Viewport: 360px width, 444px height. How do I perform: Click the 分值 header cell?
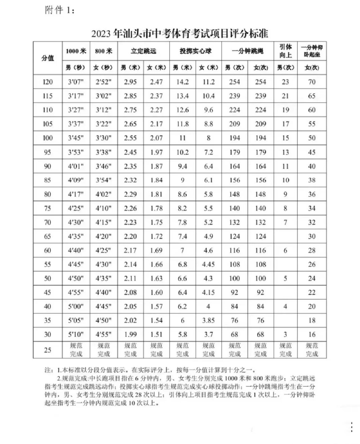tap(48, 58)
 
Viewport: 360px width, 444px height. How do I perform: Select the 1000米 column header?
tap(76, 51)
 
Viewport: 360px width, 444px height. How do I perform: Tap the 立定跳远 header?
tap(143, 51)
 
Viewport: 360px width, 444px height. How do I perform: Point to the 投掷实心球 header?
tap(195, 51)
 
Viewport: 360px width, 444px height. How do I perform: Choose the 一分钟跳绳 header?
tap(247, 51)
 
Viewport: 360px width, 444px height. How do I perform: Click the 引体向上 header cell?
tap(285, 51)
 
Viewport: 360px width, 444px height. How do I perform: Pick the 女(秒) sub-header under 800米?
tap(104, 68)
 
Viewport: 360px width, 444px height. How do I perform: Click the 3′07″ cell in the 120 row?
tap(76, 82)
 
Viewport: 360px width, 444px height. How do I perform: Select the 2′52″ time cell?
tap(104, 82)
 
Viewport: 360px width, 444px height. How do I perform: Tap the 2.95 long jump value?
tap(130, 82)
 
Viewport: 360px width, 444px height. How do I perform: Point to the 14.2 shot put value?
tap(182, 82)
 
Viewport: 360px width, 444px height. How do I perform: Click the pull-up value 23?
tap(285, 82)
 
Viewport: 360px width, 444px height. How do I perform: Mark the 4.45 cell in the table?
tap(208, 264)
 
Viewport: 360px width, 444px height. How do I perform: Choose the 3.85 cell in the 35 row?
tap(208, 321)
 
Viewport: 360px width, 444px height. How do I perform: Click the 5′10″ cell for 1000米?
tap(76, 334)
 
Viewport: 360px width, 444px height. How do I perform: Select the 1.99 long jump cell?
tap(130, 334)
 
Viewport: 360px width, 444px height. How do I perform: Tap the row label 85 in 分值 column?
tap(48, 180)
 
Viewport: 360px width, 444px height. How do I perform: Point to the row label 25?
tap(48, 350)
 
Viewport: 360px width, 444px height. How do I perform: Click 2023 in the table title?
tap(101, 34)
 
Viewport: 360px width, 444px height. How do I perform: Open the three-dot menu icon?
tap(352, 427)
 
